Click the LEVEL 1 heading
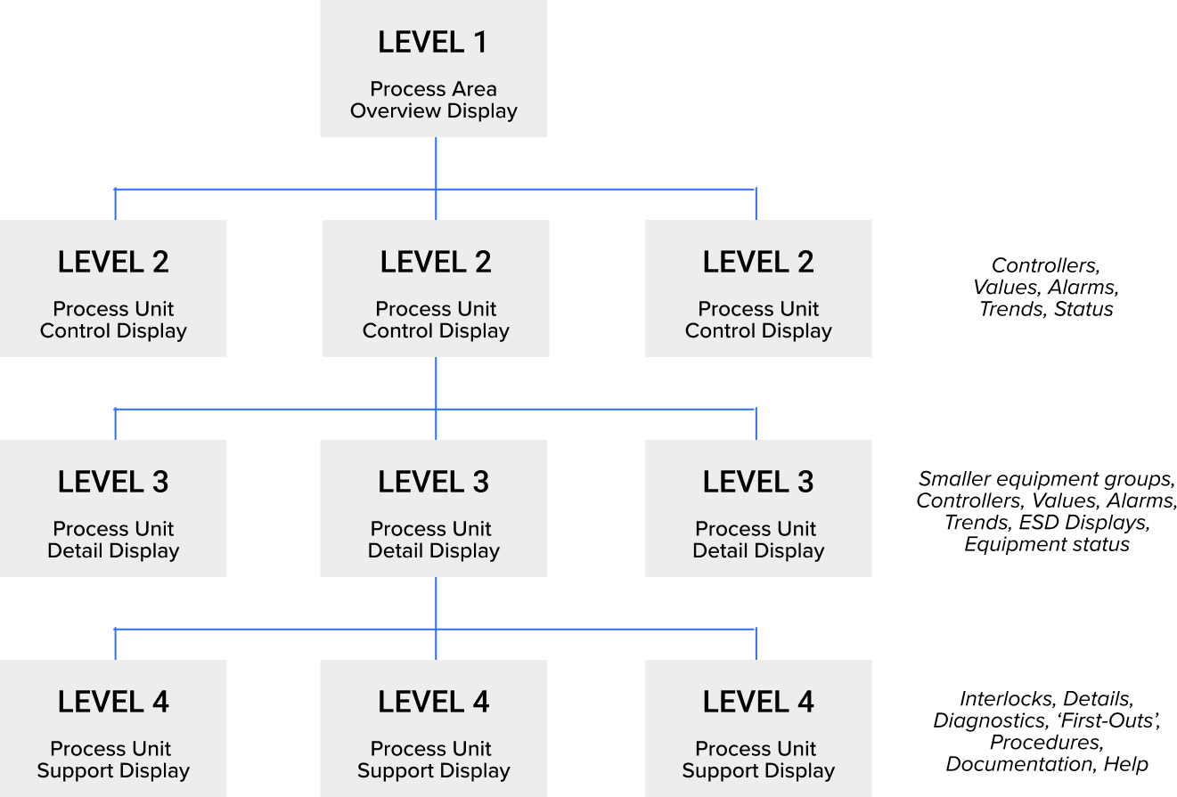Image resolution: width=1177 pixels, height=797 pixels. tap(433, 43)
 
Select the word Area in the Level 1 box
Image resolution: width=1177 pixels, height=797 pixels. tap(473, 89)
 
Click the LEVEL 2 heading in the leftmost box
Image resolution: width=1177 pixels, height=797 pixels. tap(113, 263)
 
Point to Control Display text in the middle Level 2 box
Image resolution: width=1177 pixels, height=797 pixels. tap(436, 331)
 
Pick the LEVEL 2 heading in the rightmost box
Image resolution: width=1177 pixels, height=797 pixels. tap(758, 263)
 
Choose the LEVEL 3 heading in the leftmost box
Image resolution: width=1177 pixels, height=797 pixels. tap(113, 483)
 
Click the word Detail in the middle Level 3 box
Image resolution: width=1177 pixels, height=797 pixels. tap(395, 551)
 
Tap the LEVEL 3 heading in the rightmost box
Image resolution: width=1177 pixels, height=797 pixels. tap(758, 483)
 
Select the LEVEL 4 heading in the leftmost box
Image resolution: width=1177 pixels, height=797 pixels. tap(113, 703)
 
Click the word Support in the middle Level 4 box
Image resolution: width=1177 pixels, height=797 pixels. tap(393, 771)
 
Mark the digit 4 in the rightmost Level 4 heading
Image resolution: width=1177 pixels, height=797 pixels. tap(805, 703)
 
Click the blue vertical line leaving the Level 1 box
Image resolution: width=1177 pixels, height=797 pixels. tap(436, 162)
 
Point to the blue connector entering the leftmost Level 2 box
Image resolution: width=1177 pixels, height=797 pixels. tap(115, 205)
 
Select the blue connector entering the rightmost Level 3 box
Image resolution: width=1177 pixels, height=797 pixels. tap(756, 425)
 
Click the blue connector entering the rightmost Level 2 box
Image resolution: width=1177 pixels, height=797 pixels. tap(756, 205)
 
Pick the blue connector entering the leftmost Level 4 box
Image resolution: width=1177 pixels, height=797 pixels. tap(115, 645)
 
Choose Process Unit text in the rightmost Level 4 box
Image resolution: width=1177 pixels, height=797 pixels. tap(756, 749)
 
